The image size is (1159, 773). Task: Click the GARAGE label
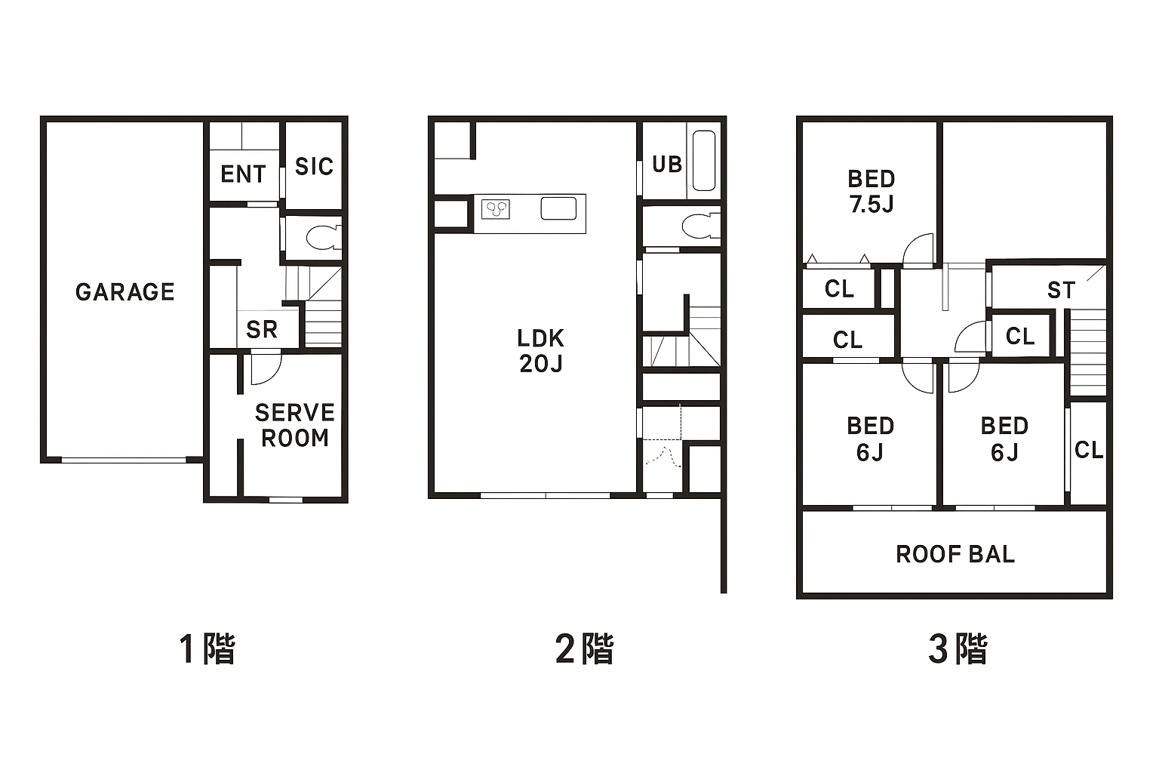coord(125,292)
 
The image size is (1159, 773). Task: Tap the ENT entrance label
coord(243,174)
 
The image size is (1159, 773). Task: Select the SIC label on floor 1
coord(314,167)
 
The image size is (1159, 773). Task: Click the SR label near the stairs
coord(261,329)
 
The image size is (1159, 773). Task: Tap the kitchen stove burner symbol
coord(496,209)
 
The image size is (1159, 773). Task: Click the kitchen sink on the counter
coord(559,208)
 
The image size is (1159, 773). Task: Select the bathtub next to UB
coord(704,161)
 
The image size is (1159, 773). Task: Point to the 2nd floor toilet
coord(700,226)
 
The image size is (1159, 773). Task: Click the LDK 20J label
coord(541,351)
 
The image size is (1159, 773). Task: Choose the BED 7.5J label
coord(872,192)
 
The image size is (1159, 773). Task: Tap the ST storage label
coord(1061,290)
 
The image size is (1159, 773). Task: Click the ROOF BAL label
coord(955,555)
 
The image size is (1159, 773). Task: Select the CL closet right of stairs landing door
coord(1020,337)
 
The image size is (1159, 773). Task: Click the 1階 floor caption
coord(207,648)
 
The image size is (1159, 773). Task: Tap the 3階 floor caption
coord(958,648)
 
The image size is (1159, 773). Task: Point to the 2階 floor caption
coord(584,648)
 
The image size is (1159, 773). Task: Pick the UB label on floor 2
coord(666,164)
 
